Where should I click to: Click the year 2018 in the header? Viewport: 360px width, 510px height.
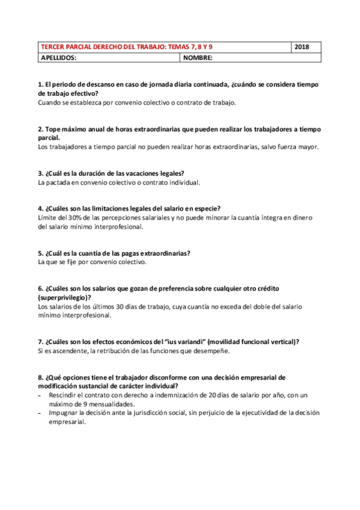(304, 47)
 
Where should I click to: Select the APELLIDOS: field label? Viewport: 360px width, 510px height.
(58, 58)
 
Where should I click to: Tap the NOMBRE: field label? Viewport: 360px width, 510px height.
(198, 58)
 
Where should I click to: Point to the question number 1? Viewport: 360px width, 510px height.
(40, 85)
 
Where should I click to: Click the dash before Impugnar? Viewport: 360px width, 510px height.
(40, 413)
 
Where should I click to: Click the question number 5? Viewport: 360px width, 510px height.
(40, 253)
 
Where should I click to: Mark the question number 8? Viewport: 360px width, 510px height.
(40, 377)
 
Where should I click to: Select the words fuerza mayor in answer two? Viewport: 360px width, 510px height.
(301, 147)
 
